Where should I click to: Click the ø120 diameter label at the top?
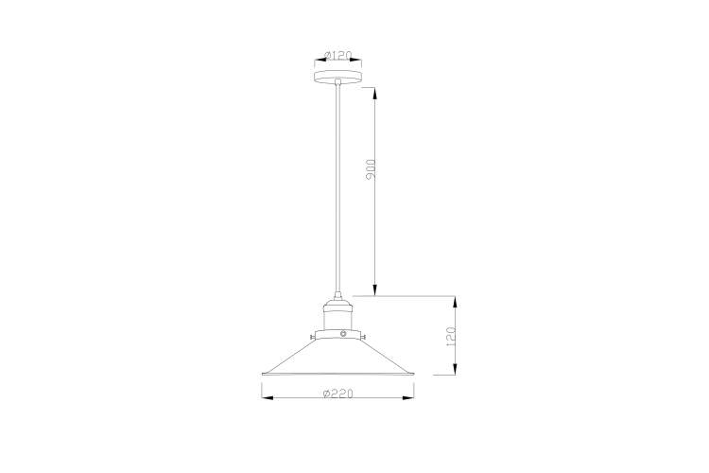337,56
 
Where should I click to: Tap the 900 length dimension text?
372,169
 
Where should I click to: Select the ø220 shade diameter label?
337,394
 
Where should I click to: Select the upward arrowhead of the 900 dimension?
375,92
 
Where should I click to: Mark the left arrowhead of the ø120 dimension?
317,54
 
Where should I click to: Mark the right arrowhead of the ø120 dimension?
359,54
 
